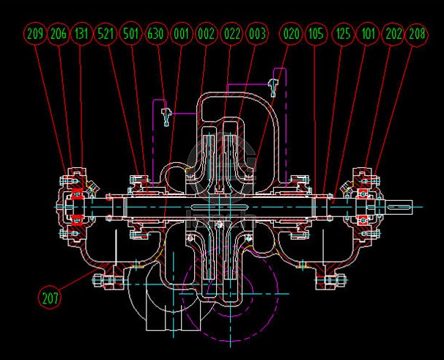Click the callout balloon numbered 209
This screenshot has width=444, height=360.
point(35,34)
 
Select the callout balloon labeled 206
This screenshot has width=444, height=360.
point(59,34)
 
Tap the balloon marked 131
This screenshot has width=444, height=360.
point(81,34)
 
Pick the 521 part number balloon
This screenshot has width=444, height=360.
point(106,34)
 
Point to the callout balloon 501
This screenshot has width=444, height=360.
point(130,34)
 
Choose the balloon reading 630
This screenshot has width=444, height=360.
point(156,34)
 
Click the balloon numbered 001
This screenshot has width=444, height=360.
point(181,34)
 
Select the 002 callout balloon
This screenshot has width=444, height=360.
point(206,34)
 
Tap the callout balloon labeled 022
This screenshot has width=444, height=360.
point(232,34)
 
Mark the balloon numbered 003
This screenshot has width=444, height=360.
point(257,34)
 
